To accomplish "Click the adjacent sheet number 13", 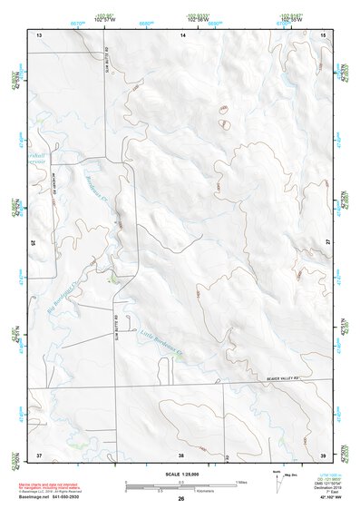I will point(39,34).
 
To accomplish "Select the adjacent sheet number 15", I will point(324,34).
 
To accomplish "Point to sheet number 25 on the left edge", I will point(34,242).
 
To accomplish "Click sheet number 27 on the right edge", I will point(328,242).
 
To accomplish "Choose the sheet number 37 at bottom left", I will point(39,453).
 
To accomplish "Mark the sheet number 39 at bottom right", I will point(324,453).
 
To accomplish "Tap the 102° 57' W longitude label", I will point(105,19).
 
